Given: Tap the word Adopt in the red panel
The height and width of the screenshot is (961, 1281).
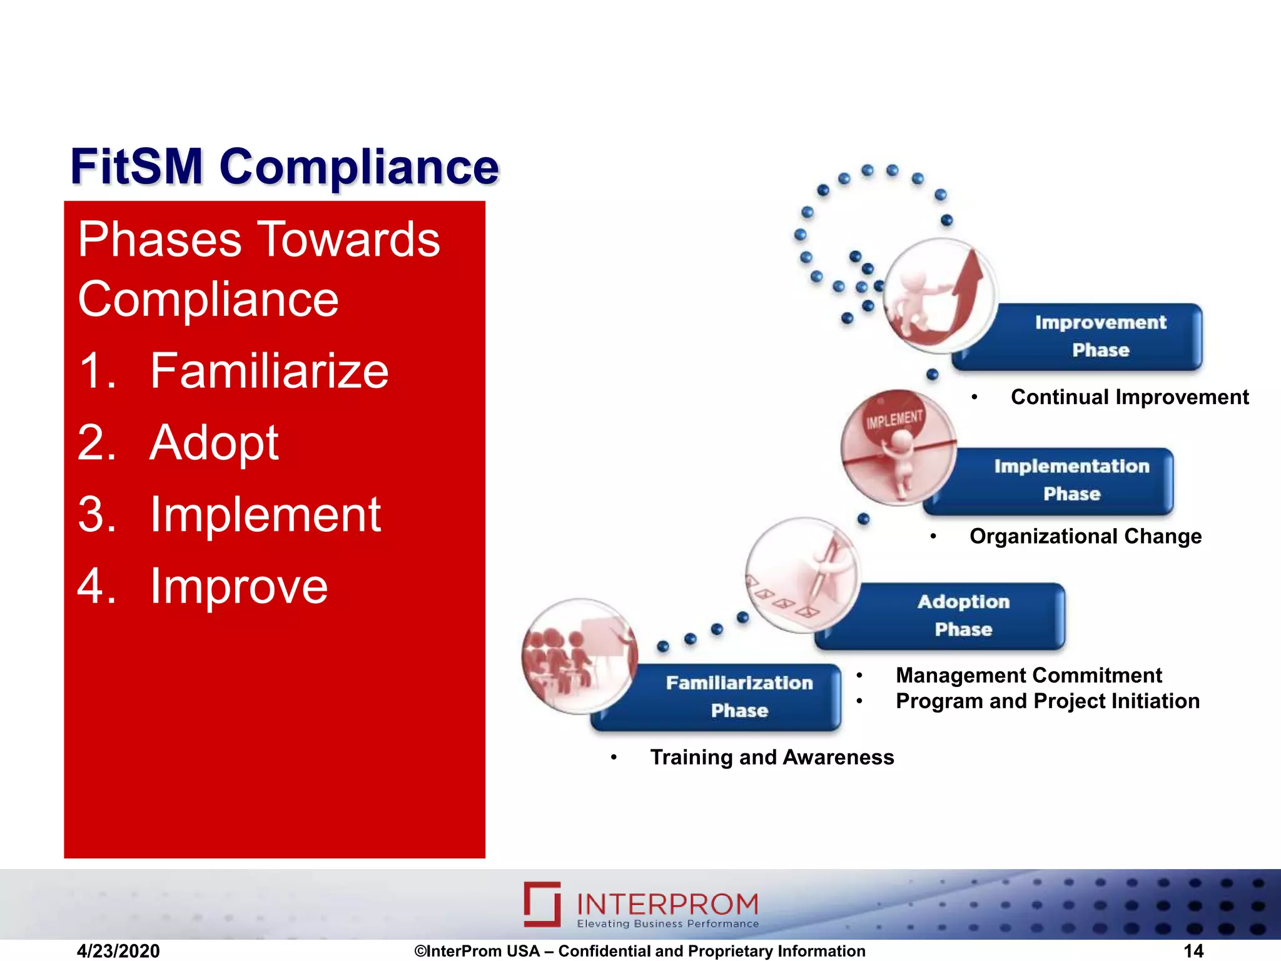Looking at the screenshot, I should pyautogui.click(x=214, y=442).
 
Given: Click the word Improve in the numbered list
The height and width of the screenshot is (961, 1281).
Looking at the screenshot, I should pyautogui.click(x=239, y=586).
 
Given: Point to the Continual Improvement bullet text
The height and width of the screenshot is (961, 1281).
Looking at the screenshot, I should pyautogui.click(x=1129, y=397).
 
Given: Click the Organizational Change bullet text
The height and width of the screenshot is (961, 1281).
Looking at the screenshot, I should pyautogui.click(x=1085, y=536).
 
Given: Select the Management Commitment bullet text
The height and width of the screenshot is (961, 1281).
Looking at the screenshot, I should pyautogui.click(x=1028, y=675).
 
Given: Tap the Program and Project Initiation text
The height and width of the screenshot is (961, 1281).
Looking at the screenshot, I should pyautogui.click(x=1047, y=701).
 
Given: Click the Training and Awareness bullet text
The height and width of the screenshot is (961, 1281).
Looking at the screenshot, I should pyautogui.click(x=772, y=757).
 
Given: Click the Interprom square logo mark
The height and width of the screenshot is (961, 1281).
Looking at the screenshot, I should pyautogui.click(x=542, y=904).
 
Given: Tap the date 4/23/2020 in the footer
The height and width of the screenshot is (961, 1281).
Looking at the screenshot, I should pyautogui.click(x=118, y=951).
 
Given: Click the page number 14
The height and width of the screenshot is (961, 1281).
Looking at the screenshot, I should pyautogui.click(x=1193, y=951).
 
